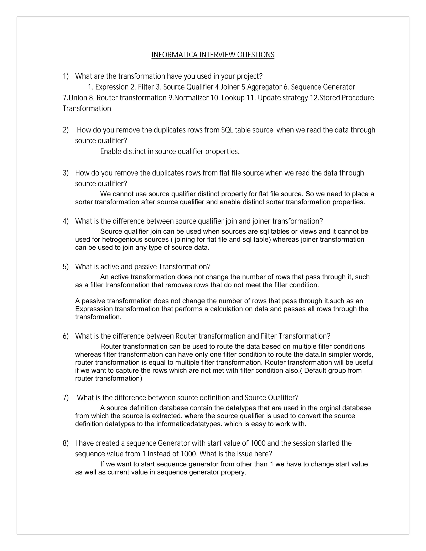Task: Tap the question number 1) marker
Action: [66, 76]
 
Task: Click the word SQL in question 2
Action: [227, 130]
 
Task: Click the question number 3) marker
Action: [66, 173]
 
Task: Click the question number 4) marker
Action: [66, 221]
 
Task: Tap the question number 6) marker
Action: [66, 336]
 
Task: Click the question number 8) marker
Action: [66, 443]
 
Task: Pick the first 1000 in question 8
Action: [258, 443]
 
